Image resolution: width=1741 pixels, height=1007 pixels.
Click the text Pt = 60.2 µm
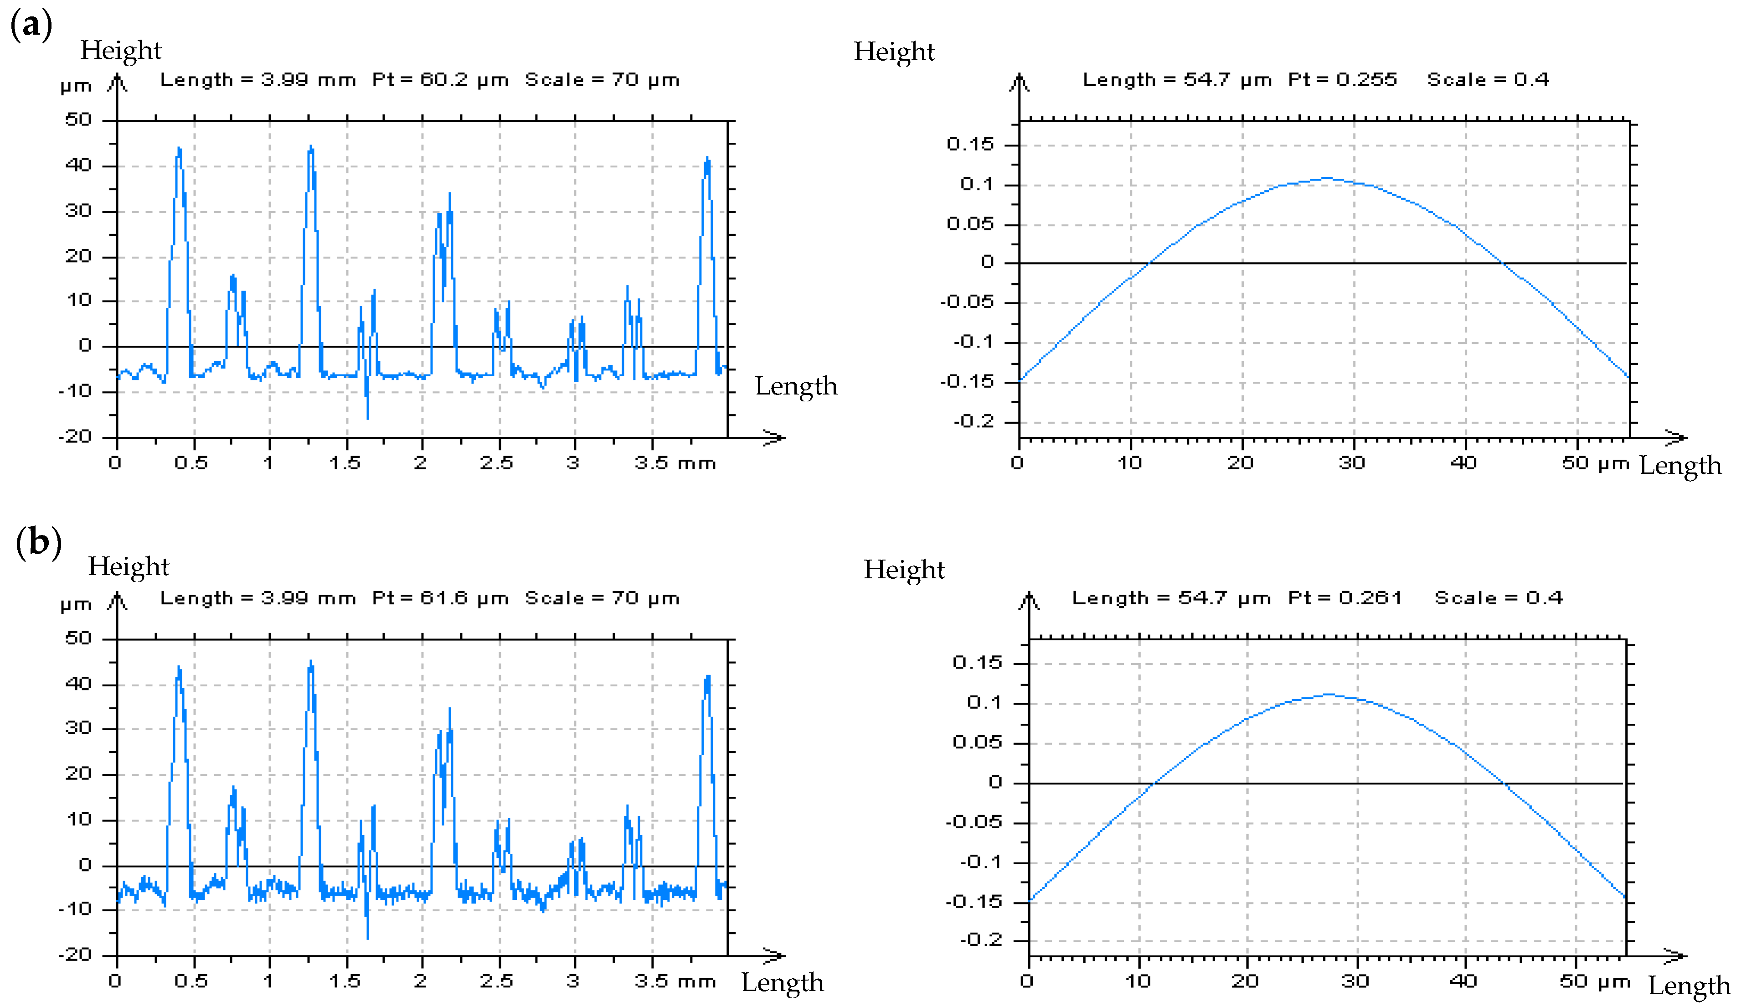(440, 80)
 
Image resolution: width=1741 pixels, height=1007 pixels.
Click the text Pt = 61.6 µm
(440, 598)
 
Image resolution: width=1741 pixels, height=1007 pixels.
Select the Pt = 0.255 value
(1342, 80)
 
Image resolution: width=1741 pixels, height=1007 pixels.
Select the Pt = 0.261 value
(1344, 598)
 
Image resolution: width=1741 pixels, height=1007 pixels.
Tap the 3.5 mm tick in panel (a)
(674, 463)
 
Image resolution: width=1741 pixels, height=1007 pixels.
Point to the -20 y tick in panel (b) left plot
(75, 955)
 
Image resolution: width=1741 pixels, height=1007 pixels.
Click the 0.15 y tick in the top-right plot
(970, 145)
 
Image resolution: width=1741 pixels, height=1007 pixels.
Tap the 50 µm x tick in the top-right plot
(1595, 463)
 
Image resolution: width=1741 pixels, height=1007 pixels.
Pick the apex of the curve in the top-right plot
(1326, 178)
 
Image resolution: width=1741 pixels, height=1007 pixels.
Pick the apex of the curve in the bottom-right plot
(1329, 694)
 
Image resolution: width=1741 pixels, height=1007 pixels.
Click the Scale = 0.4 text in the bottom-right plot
(1499, 598)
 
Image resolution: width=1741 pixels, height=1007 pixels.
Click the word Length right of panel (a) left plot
(796, 386)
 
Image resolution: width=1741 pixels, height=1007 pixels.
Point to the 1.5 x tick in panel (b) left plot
(344, 981)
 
